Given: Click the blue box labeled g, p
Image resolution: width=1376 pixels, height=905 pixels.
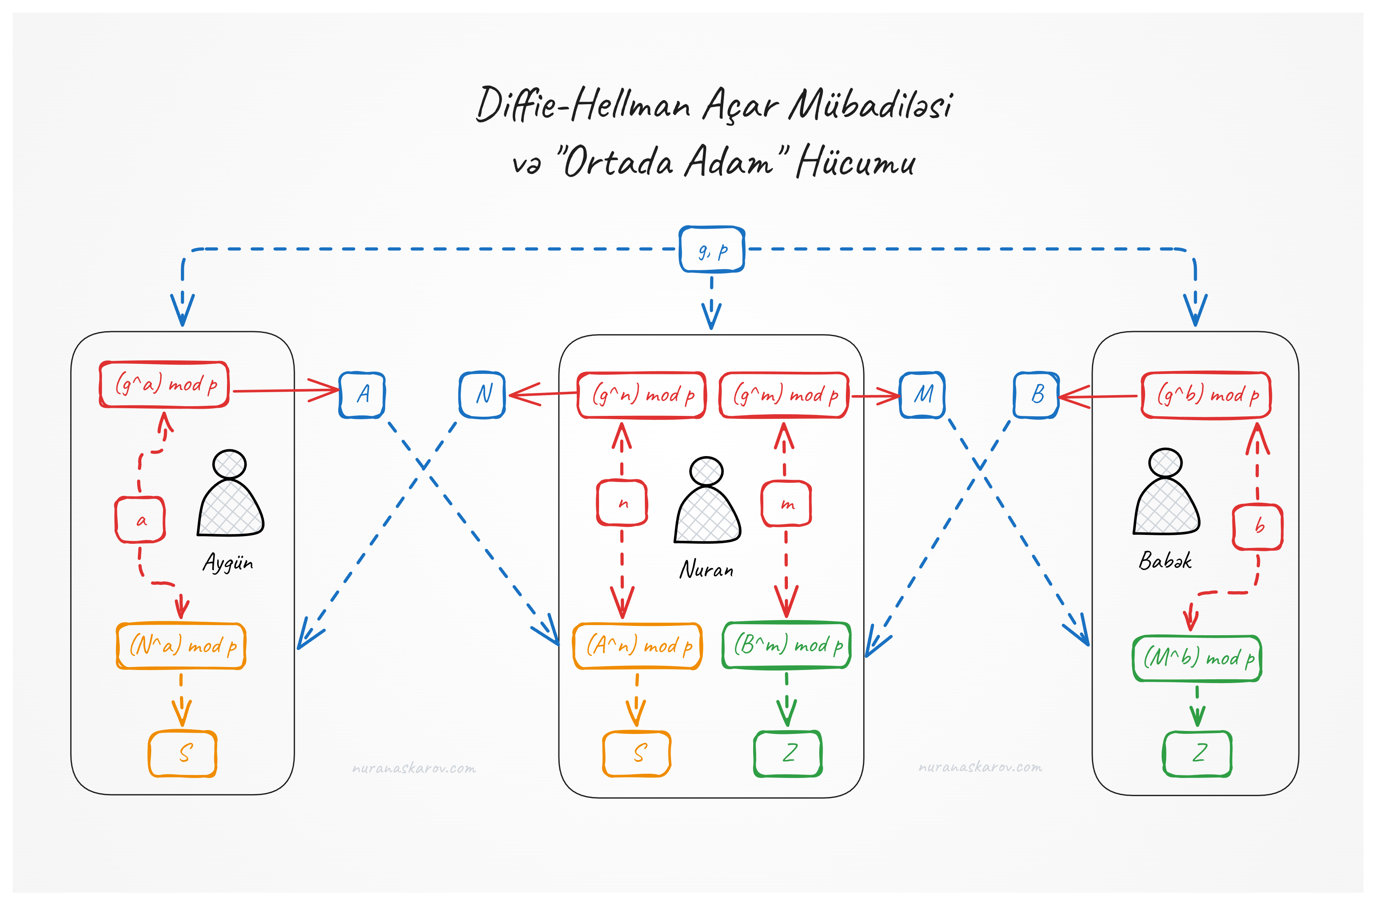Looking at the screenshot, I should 711,249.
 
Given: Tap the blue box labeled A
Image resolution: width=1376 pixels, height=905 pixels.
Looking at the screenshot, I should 362,395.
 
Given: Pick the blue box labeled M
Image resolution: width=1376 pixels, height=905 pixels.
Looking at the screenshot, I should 922,395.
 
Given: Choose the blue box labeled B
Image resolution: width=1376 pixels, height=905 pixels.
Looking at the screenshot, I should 1036,395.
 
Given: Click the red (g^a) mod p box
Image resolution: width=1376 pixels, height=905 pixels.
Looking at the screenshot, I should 164,385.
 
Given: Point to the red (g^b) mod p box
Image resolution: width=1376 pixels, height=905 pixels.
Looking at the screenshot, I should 1206,395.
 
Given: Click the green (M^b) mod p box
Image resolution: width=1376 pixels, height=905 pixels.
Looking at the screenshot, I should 1197,658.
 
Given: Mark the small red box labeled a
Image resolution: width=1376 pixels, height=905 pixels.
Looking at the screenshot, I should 141,520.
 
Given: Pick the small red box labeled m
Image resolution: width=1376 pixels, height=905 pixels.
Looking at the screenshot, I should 786,504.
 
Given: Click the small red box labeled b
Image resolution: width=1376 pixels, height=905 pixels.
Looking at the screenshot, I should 1257,527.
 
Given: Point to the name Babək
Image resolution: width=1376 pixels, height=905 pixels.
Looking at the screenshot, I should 1165,560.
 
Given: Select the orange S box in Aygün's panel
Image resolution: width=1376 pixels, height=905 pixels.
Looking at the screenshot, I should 183,753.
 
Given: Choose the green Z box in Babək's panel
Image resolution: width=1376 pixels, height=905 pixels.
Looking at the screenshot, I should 1197,753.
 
